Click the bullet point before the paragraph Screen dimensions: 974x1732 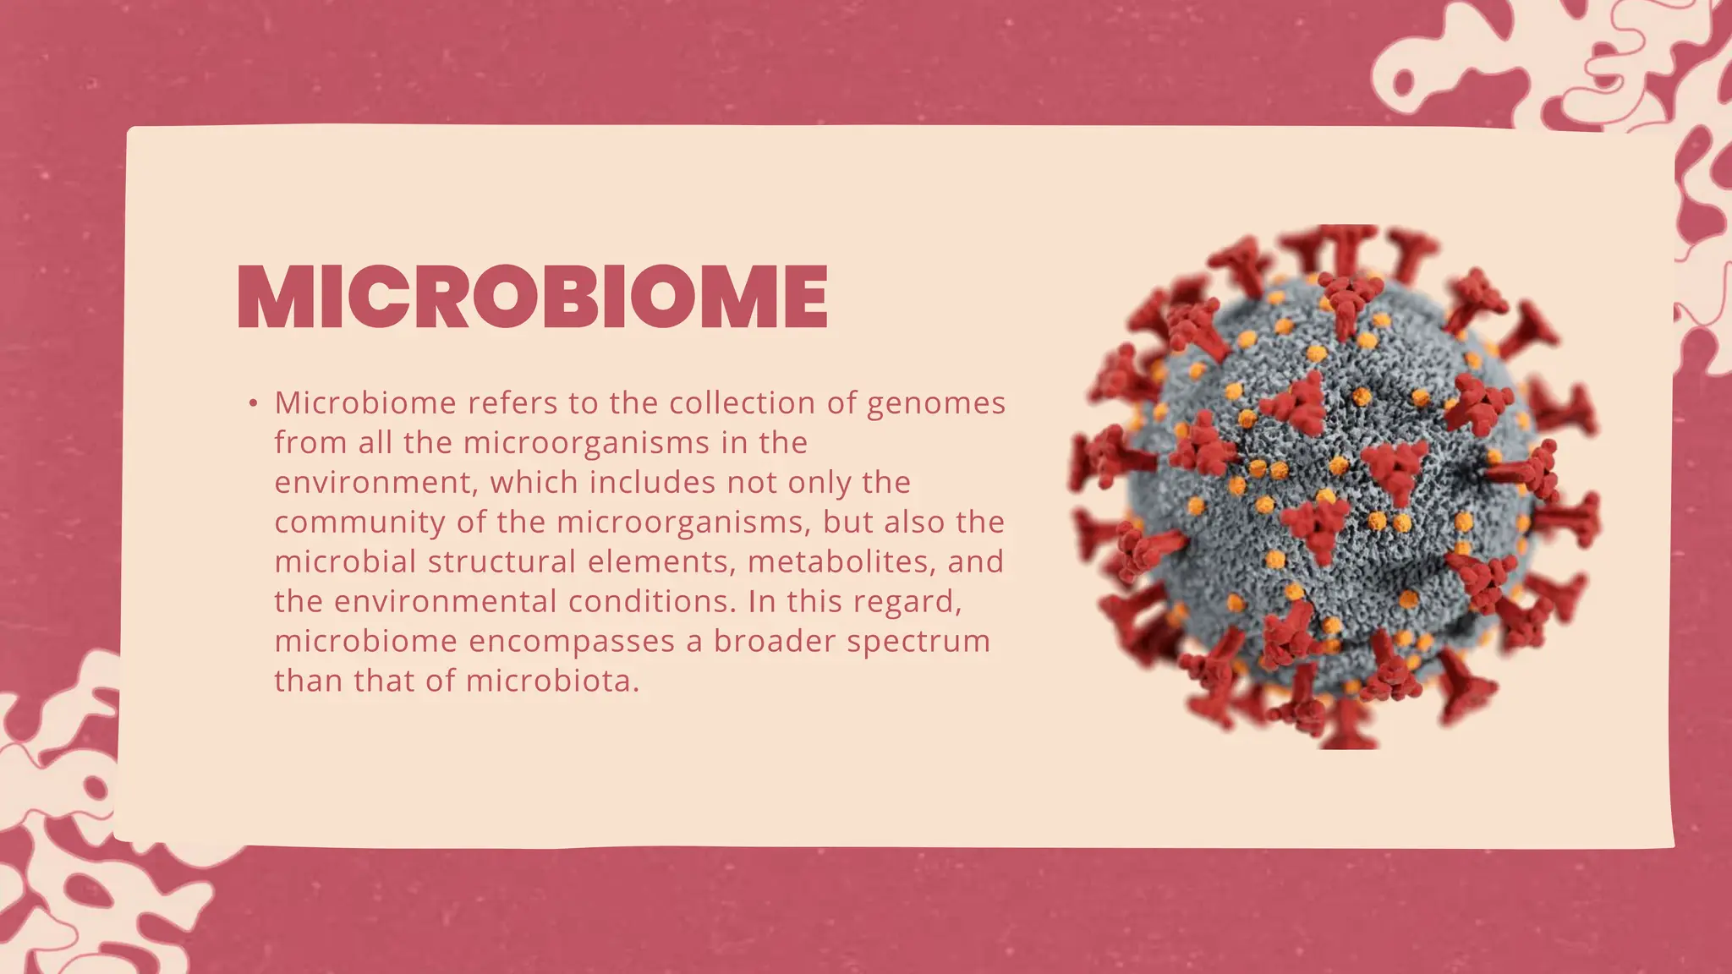[x=253, y=403]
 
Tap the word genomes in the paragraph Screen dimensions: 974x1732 [x=936, y=404]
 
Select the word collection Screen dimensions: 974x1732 [x=743, y=403]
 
